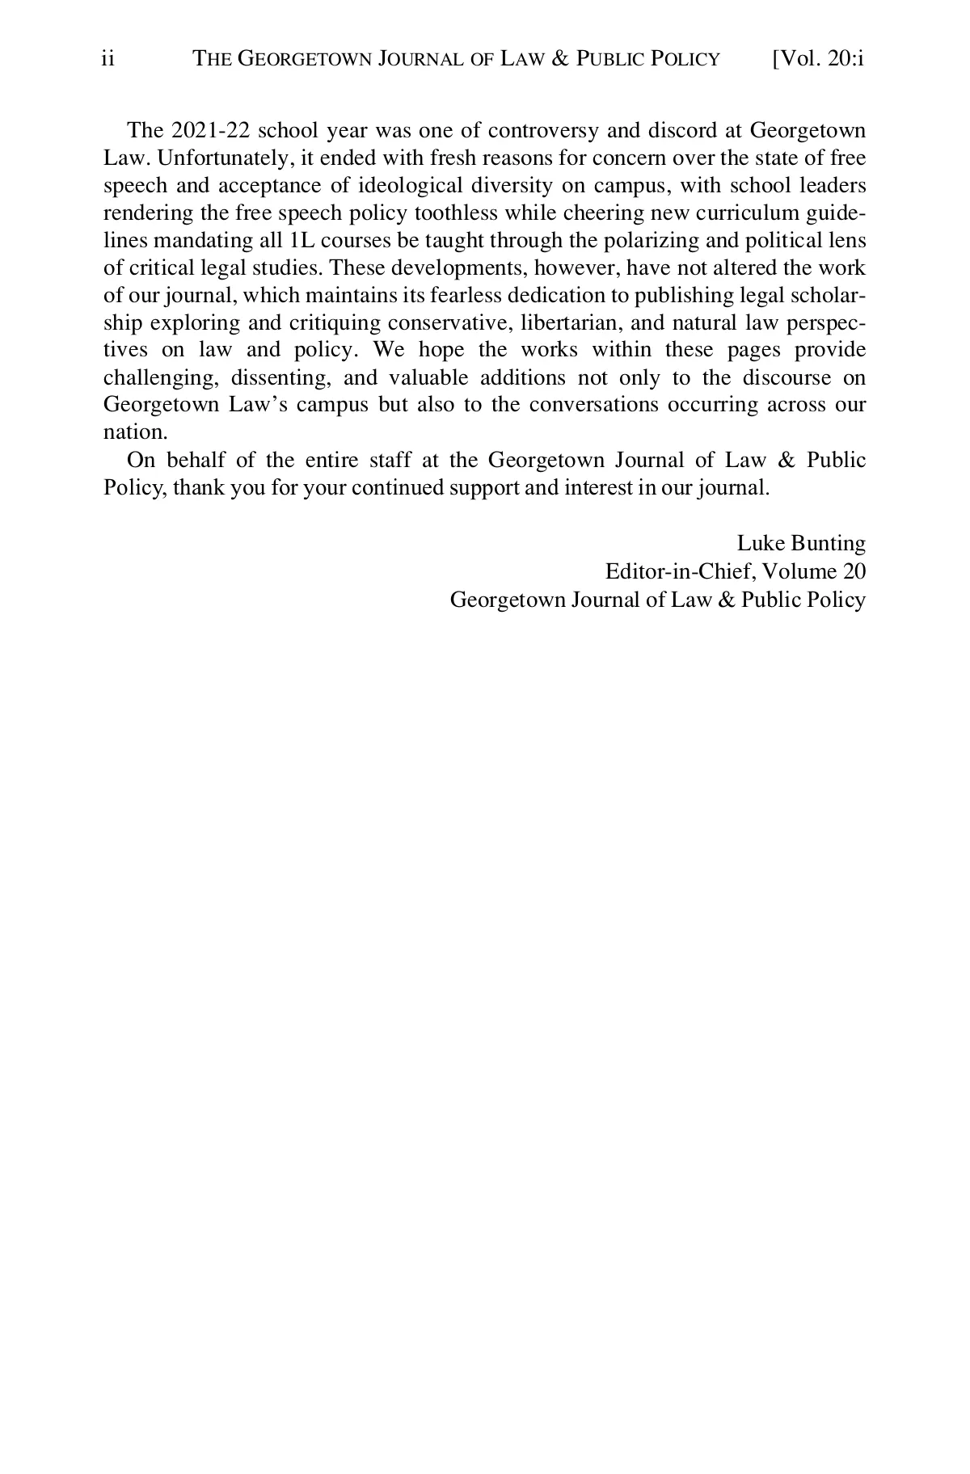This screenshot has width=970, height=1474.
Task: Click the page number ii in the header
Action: pyautogui.click(x=108, y=59)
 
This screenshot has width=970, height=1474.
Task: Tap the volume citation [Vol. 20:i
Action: pyautogui.click(x=818, y=59)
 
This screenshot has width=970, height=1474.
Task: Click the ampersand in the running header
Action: pyautogui.click(x=559, y=59)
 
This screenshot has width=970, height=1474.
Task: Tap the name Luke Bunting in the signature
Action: pyautogui.click(x=801, y=544)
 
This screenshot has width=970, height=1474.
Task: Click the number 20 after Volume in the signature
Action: pyautogui.click(x=854, y=572)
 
